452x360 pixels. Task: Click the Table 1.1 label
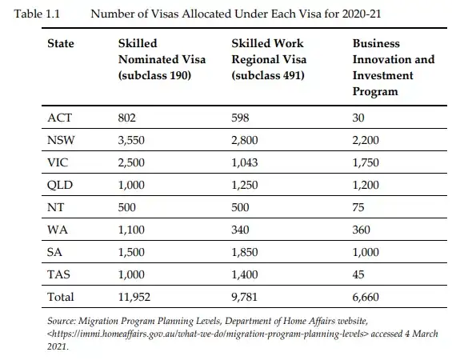point(37,14)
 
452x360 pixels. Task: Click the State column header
point(61,43)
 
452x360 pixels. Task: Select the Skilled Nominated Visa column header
point(162,59)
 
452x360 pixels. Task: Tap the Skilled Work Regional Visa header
point(269,59)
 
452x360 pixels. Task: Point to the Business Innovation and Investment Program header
point(394,67)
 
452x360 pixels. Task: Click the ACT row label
point(59,118)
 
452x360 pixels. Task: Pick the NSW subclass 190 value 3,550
point(131,140)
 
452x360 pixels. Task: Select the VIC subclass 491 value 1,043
point(245,163)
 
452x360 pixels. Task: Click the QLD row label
point(60,185)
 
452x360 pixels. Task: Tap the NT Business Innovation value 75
point(358,207)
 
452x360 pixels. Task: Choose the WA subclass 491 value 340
point(240,230)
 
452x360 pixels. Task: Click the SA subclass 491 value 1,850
point(245,253)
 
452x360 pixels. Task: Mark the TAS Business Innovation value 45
point(358,274)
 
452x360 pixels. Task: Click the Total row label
point(61,297)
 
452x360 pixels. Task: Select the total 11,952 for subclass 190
point(134,298)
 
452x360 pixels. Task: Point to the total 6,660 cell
point(366,298)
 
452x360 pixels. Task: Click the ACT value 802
point(127,118)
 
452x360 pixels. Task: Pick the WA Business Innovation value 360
point(361,230)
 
